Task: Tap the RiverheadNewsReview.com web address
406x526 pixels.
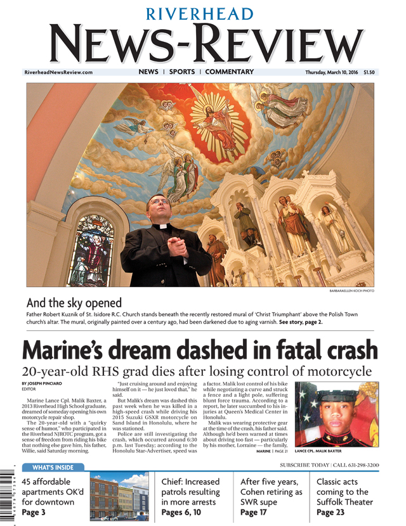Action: coord(58,72)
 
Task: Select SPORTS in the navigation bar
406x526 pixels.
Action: coord(182,72)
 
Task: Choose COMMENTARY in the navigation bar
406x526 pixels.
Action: coord(229,72)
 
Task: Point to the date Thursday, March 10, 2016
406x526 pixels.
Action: coord(332,72)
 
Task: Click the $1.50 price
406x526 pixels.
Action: coord(369,72)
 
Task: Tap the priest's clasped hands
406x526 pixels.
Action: coord(178,243)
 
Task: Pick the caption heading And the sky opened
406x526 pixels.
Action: coord(74,303)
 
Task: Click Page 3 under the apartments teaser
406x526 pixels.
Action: coord(33,512)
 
